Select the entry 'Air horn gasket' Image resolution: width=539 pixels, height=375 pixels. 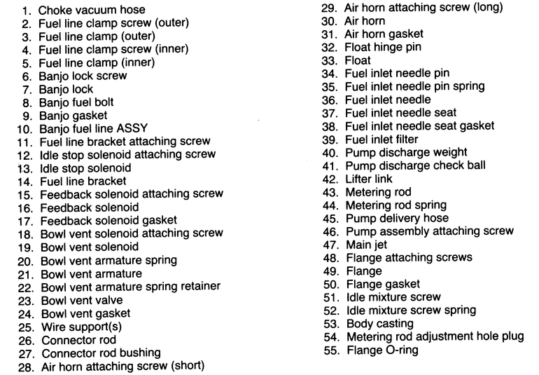tap(384, 34)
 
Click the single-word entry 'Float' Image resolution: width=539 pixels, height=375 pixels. tap(358, 60)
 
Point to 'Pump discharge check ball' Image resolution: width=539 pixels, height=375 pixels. tap(415, 165)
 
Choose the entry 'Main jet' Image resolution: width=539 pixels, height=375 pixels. tap(367, 245)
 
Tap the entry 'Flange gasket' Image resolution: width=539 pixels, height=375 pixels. tap(383, 284)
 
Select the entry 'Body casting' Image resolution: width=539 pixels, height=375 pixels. tap(379, 323)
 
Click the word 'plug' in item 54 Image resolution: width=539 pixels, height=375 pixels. tap(511, 336)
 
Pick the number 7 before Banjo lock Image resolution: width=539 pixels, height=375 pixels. tap(27, 89)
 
